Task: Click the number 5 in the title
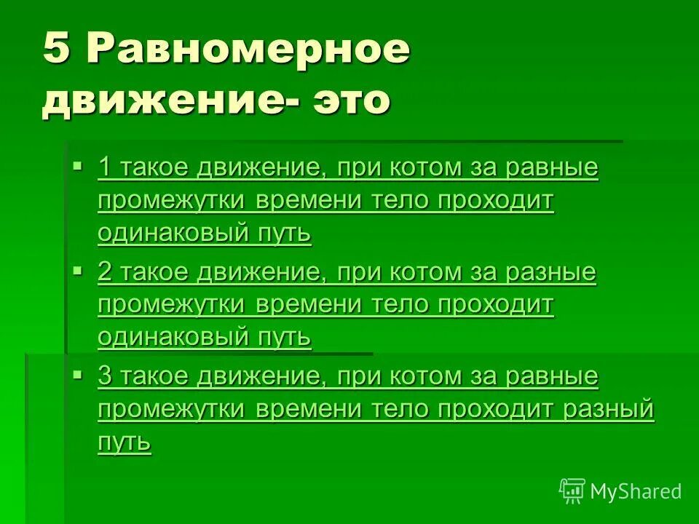[x=57, y=51]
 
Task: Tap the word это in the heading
[x=352, y=100]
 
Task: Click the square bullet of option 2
[x=79, y=271]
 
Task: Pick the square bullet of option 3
[x=79, y=375]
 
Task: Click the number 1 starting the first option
[x=104, y=168]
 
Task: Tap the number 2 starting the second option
[x=104, y=273]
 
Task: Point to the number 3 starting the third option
[x=104, y=377]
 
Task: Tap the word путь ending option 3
[x=125, y=442]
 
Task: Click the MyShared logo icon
[x=572, y=491]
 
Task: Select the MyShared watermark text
[x=636, y=491]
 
